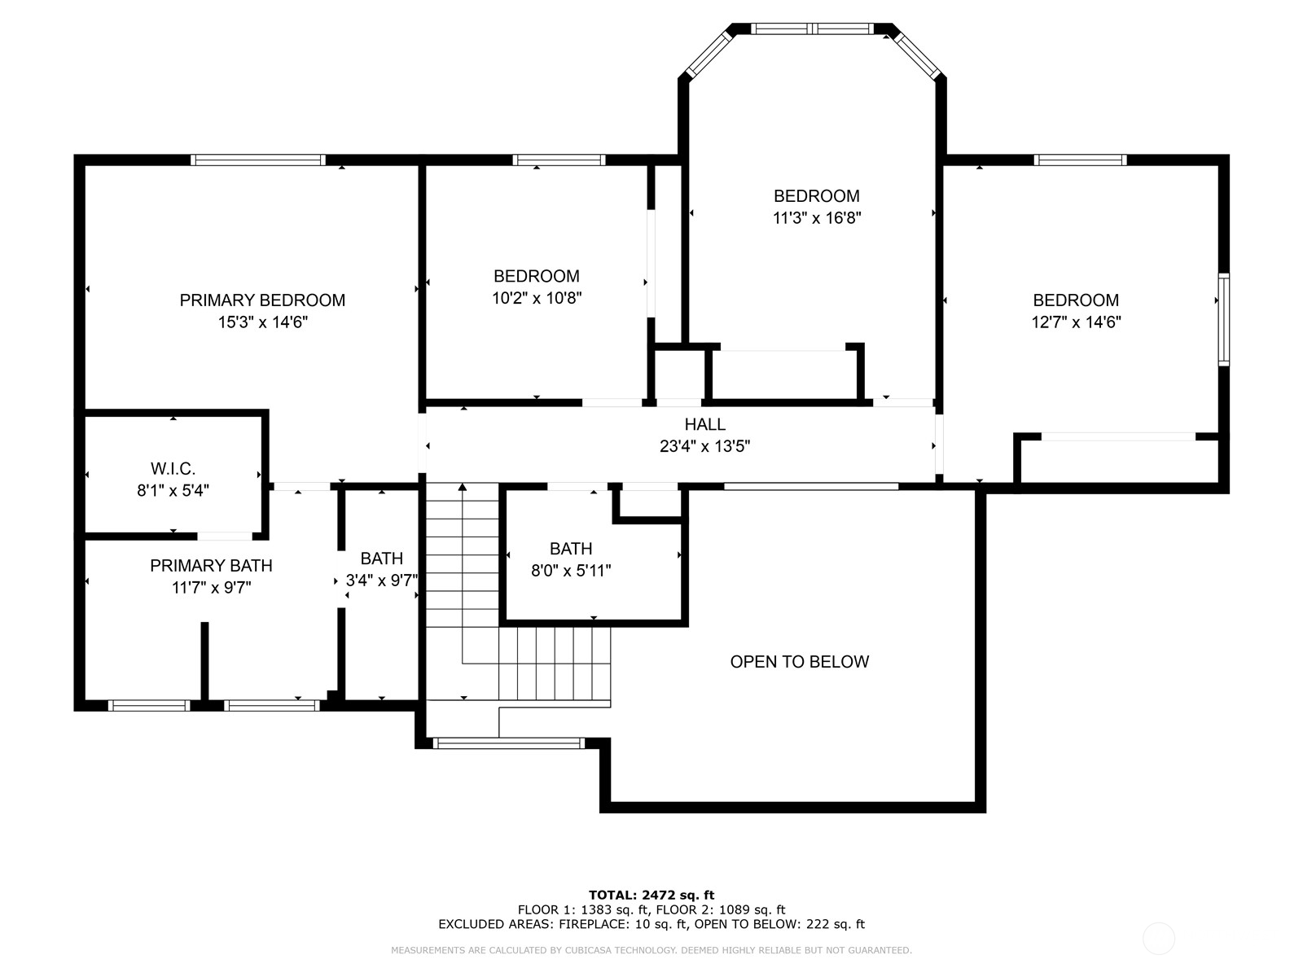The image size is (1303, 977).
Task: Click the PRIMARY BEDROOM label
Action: (x=262, y=300)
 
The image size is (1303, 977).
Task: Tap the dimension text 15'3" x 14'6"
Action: (x=262, y=322)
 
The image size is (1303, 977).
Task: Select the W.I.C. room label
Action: (x=173, y=469)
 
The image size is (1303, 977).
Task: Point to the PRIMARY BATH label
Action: (x=211, y=566)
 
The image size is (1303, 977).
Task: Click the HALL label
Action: (x=704, y=424)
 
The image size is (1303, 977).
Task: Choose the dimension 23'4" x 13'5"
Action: (x=704, y=446)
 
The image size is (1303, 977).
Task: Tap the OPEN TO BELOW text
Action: (x=799, y=662)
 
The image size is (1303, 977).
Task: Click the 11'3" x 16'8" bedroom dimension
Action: (x=816, y=218)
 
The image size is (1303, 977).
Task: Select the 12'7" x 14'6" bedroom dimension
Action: (x=1076, y=322)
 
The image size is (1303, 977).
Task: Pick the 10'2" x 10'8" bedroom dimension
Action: (x=537, y=298)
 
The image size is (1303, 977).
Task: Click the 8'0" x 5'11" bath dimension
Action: (x=571, y=572)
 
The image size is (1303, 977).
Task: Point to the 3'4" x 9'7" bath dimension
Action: (x=382, y=581)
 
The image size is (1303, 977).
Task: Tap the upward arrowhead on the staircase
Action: (x=463, y=487)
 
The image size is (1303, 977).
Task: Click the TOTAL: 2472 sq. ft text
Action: (x=651, y=895)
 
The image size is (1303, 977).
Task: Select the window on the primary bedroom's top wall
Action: (x=258, y=160)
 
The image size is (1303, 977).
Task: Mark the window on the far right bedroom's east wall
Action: (x=1223, y=319)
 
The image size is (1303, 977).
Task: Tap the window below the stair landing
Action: (x=509, y=743)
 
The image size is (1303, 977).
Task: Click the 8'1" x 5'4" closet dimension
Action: (x=173, y=491)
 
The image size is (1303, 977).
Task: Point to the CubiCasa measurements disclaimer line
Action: (x=651, y=950)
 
